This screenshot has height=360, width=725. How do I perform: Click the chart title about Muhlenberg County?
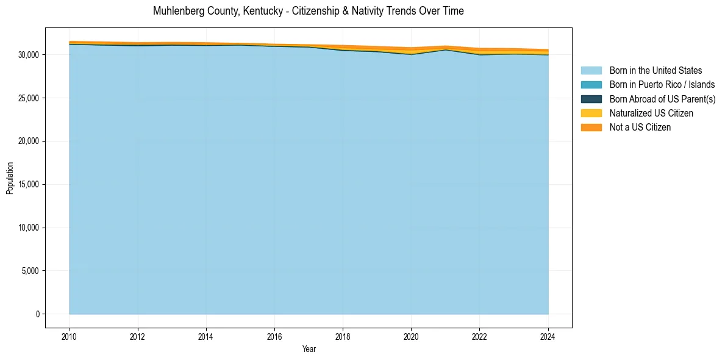tap(308, 11)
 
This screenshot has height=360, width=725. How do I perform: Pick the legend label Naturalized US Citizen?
tap(651, 113)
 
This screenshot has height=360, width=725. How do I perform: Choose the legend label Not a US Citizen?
tap(640, 128)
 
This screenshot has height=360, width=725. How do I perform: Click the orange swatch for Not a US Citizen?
tap(591, 128)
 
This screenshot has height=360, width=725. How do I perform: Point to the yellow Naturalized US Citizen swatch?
tap(591, 113)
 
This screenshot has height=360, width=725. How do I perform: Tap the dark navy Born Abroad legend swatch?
tap(591, 99)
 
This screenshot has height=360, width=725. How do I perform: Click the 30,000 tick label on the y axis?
tap(29, 55)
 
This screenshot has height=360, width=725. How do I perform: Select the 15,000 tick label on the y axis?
tap(29, 184)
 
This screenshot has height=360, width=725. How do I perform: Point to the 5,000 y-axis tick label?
tap(30, 271)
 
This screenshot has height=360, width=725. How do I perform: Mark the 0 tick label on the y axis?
tap(37, 314)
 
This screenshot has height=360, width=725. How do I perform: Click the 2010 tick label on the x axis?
tap(70, 336)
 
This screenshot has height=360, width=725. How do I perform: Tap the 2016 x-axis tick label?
tap(274, 336)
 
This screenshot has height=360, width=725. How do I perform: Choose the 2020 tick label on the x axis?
tap(412, 336)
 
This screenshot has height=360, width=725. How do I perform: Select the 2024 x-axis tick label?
tap(548, 336)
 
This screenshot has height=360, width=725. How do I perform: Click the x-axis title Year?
tap(309, 349)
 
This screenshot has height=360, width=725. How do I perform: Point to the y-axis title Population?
tap(10, 178)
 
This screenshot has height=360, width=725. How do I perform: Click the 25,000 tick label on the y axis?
tap(29, 98)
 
